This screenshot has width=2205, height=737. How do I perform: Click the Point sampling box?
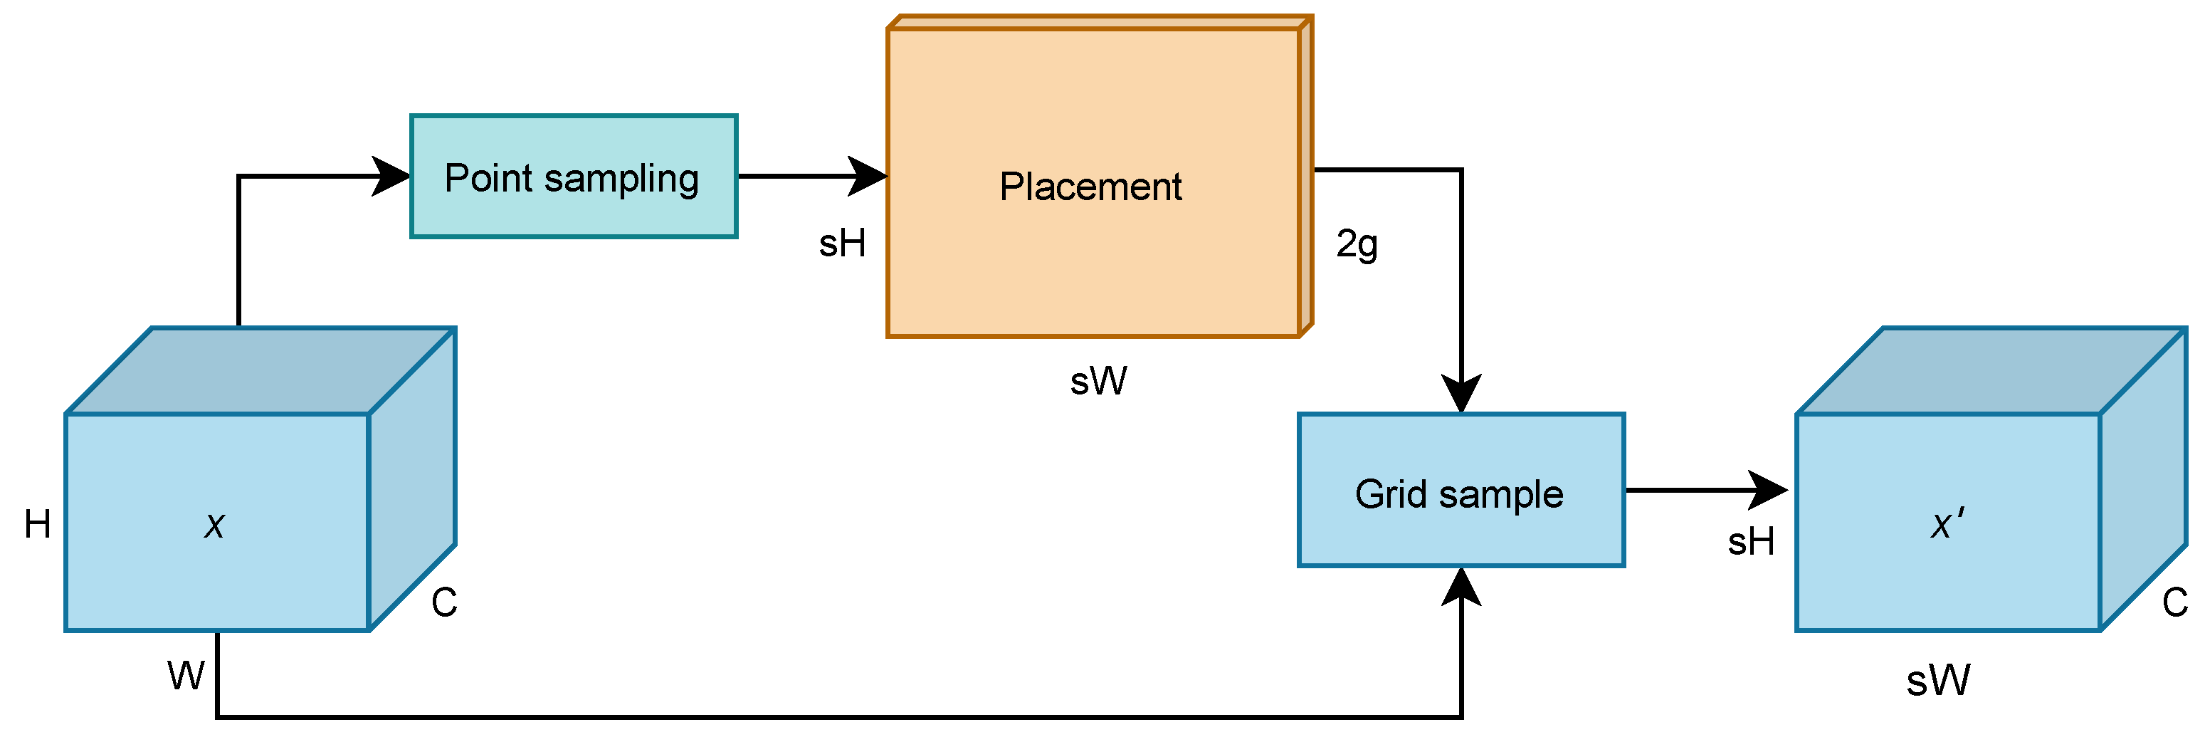(x=573, y=177)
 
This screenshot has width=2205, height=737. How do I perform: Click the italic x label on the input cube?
(x=215, y=525)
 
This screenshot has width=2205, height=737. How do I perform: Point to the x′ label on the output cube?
(x=1947, y=523)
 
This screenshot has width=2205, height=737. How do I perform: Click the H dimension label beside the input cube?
(x=38, y=525)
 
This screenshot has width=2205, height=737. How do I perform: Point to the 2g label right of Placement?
(x=1357, y=245)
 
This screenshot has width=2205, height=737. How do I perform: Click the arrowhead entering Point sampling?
(x=392, y=177)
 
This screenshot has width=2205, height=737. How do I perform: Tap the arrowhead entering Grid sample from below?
(x=1461, y=587)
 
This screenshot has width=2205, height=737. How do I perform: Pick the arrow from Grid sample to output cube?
(x=1703, y=491)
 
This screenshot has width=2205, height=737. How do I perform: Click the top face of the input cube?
(x=261, y=370)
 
